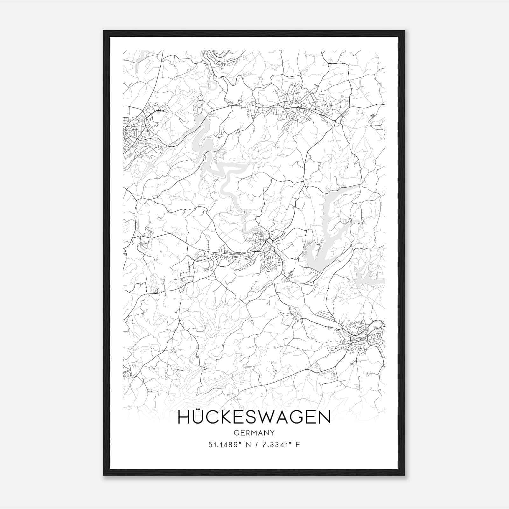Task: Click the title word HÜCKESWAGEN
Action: [254, 417]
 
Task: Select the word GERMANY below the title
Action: [254, 433]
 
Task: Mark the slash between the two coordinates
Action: [256, 445]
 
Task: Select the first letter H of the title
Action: [184, 417]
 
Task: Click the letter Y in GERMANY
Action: [272, 433]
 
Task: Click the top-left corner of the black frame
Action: [104, 31]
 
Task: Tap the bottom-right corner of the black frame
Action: [404, 475]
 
